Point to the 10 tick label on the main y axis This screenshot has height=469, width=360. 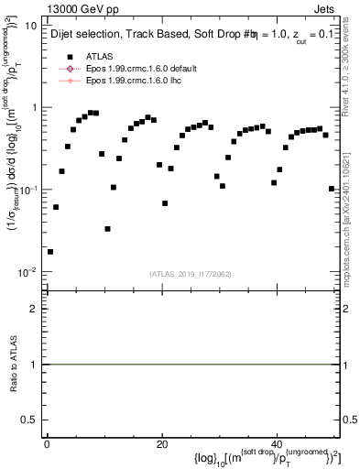click(x=29, y=26)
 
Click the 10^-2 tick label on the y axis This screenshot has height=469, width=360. click(x=27, y=272)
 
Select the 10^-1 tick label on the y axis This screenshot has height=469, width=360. click(x=27, y=190)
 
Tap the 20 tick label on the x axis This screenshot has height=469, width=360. click(x=161, y=444)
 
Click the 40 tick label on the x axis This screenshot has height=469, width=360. click(x=277, y=444)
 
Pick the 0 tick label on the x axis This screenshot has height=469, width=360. click(x=47, y=444)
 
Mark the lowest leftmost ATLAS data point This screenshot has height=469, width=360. click(x=50, y=251)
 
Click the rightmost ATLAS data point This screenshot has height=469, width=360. click(x=331, y=189)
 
